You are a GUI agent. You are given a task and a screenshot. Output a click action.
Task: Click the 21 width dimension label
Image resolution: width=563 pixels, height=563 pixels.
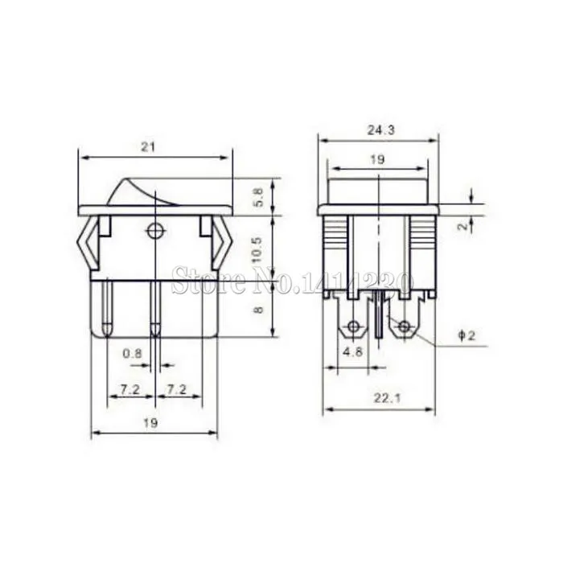click(x=148, y=147)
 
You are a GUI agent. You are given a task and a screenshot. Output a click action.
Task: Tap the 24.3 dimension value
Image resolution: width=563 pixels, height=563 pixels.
click(x=381, y=130)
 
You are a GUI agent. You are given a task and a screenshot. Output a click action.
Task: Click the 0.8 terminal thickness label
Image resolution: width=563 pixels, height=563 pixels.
click(x=133, y=354)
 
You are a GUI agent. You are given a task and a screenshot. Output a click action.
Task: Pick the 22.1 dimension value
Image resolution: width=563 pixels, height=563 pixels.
click(x=387, y=398)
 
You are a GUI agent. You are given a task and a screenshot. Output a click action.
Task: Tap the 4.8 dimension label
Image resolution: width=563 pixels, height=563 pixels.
click(x=353, y=351)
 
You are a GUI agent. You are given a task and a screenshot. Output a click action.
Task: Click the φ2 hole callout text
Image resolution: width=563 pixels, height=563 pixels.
click(x=466, y=335)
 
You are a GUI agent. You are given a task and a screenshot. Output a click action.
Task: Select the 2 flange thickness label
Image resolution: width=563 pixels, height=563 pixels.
click(x=464, y=226)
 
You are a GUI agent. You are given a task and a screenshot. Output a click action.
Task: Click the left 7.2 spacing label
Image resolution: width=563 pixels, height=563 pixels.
click(x=130, y=389)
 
